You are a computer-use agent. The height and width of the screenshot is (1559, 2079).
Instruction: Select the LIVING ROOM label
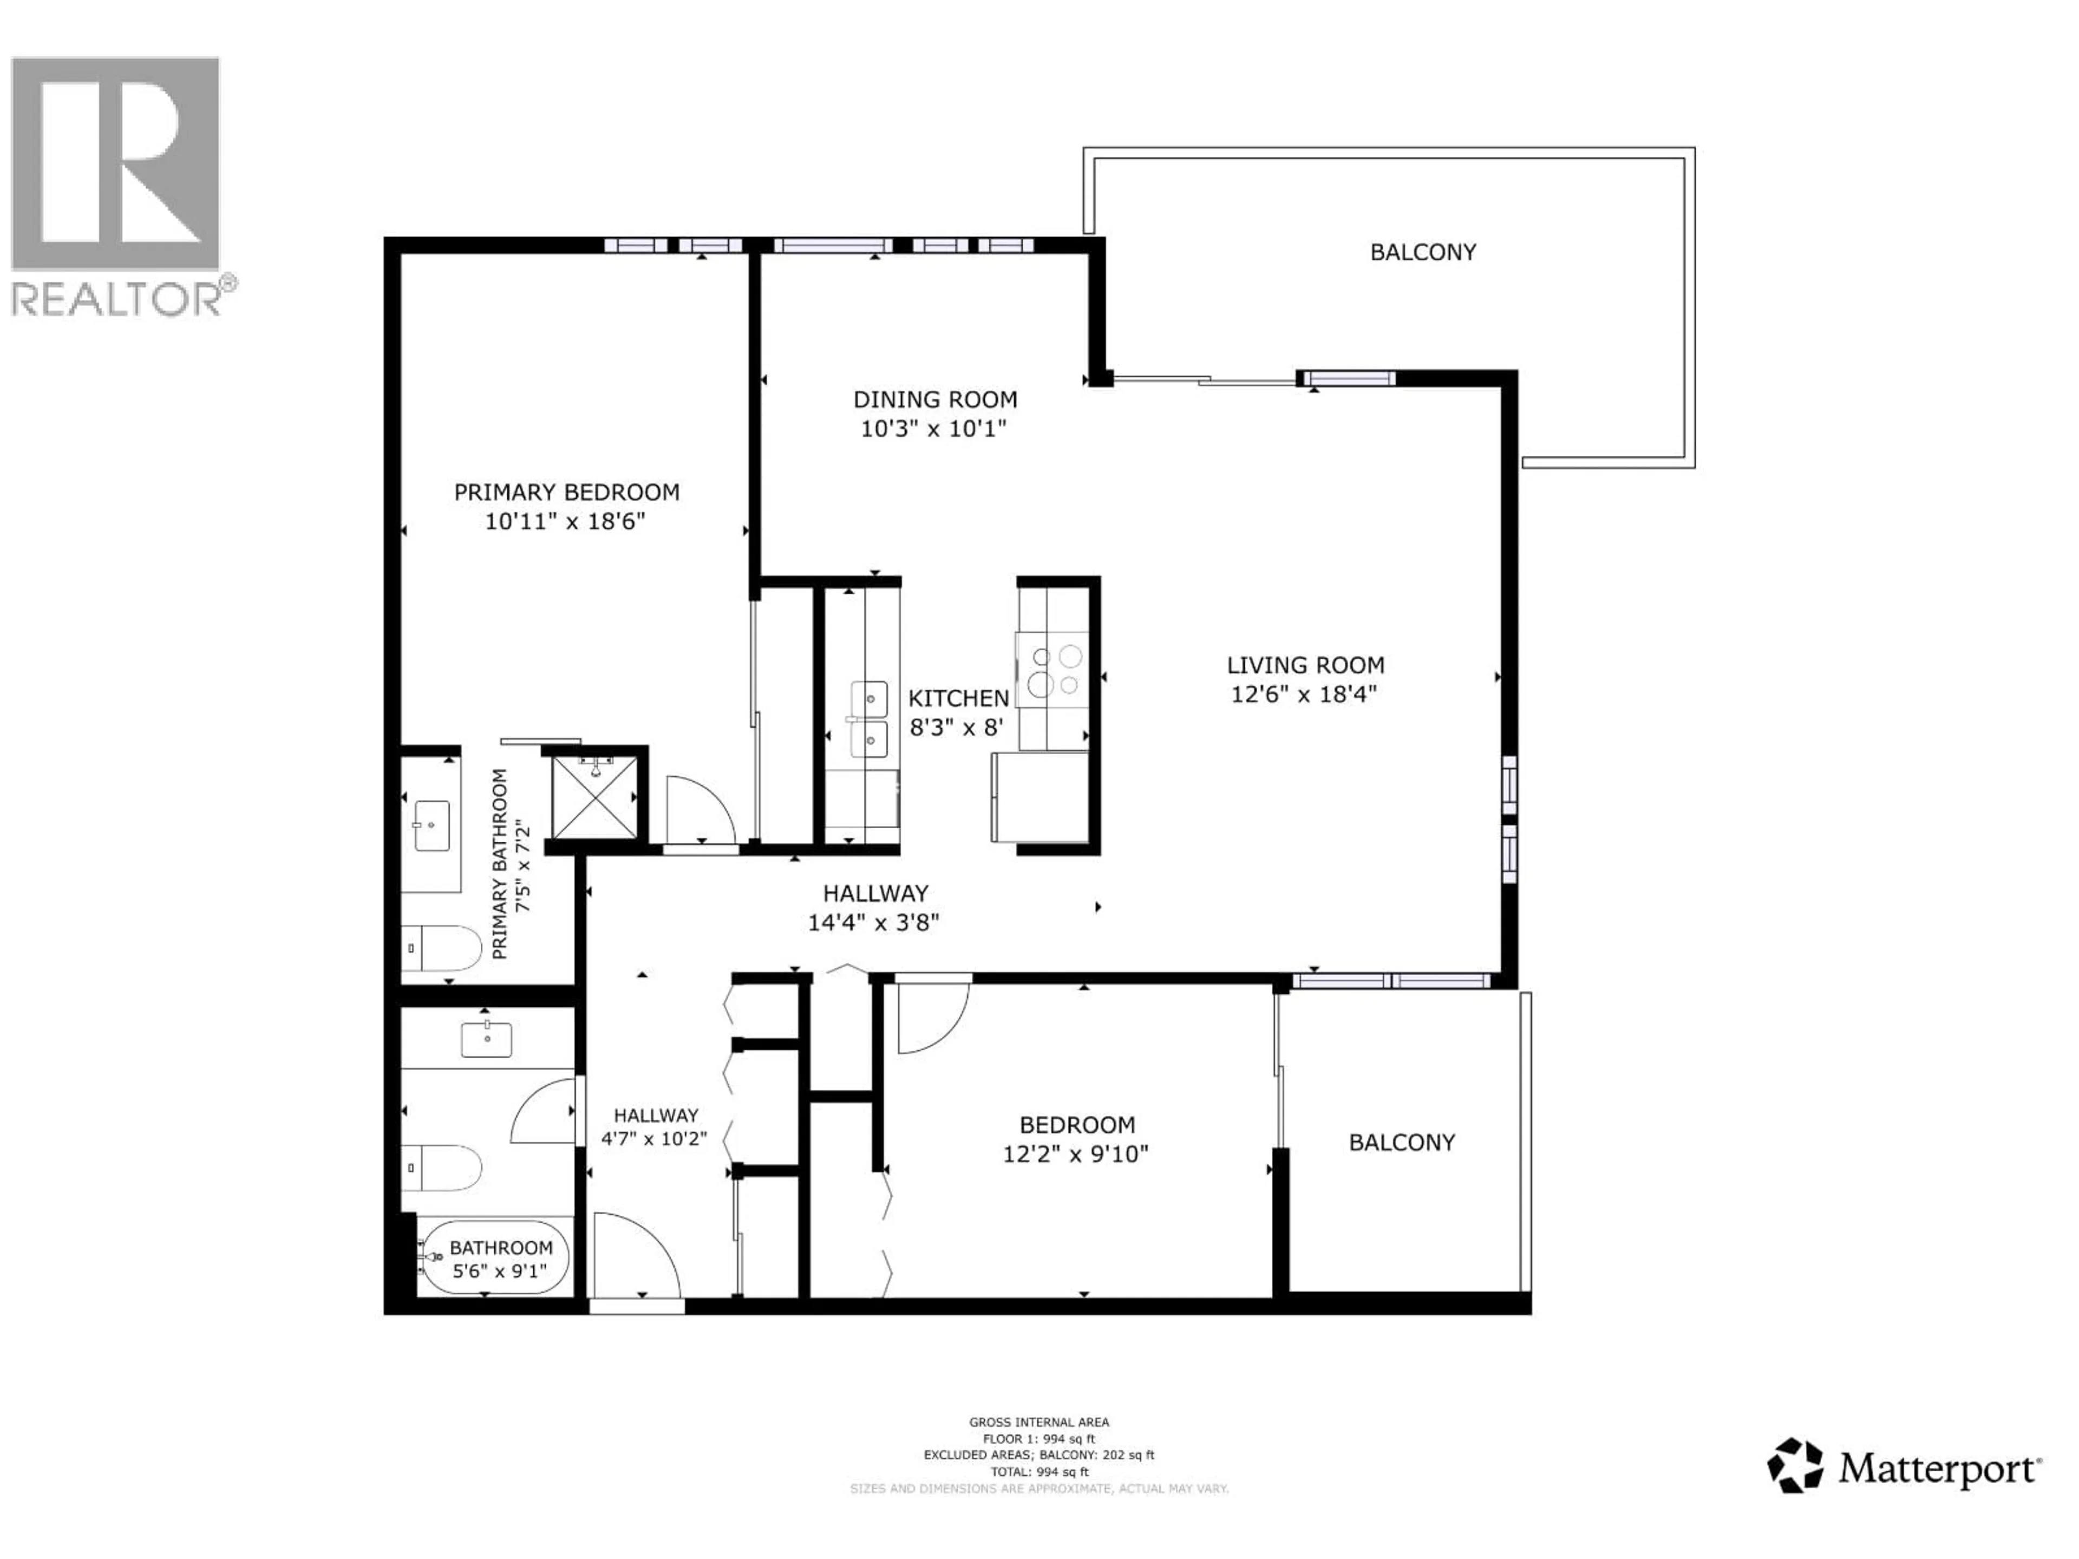click(1305, 665)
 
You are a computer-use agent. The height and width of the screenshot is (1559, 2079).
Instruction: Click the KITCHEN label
click(958, 698)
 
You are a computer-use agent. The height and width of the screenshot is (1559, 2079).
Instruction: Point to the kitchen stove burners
click(1055, 671)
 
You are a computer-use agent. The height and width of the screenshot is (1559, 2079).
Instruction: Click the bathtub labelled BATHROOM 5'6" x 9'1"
click(495, 1257)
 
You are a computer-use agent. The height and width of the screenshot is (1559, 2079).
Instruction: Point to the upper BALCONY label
click(1422, 252)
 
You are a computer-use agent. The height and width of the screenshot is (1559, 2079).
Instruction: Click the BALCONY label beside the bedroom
click(1401, 1143)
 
